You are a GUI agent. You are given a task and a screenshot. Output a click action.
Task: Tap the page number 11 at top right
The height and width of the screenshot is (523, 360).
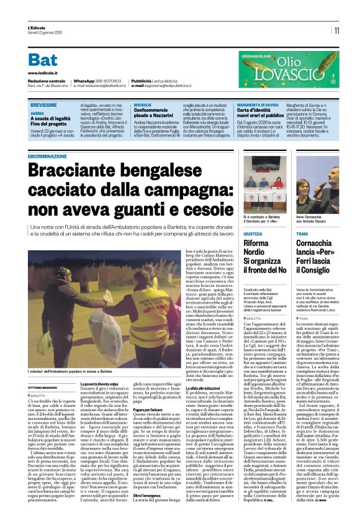point(336,30)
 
